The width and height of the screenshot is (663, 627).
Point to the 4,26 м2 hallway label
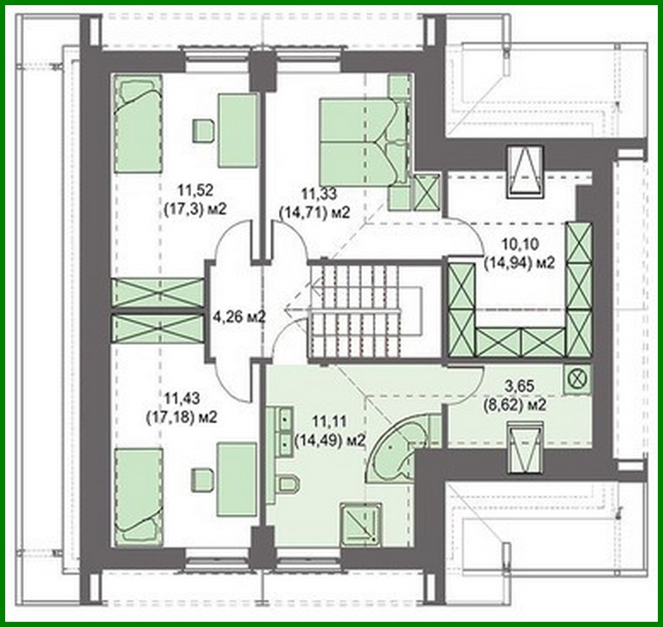[x=239, y=316]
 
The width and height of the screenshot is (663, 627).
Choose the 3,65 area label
[x=519, y=396]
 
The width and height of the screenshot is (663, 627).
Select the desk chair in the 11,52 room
[x=203, y=131]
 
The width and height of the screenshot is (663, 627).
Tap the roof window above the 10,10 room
[x=526, y=172]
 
